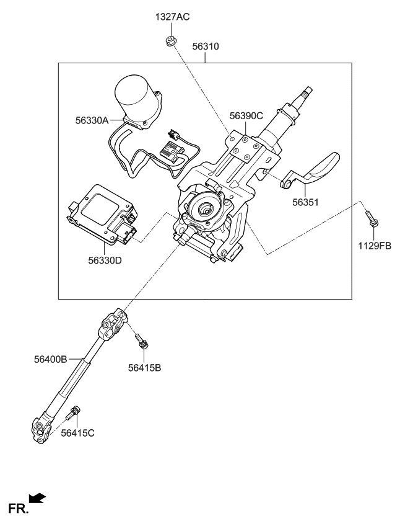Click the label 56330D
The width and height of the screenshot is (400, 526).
pos(105,261)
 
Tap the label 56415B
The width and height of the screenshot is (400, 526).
pos(144,368)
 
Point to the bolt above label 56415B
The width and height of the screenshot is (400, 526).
pos(142,341)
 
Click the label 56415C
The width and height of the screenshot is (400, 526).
pos(77,433)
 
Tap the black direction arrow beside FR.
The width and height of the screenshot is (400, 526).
pos(37,497)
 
